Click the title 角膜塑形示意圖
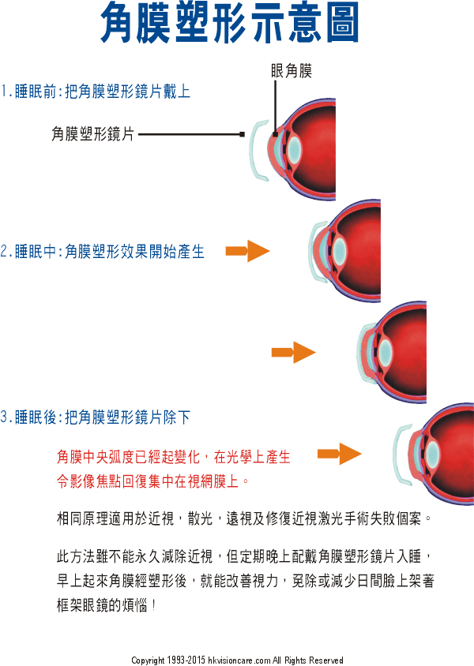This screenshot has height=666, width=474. (x=230, y=23)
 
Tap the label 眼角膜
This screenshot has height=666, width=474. (x=292, y=71)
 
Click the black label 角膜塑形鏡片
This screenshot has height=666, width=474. (x=92, y=134)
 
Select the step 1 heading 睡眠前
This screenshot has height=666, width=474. (x=36, y=92)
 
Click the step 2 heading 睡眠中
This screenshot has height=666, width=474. (x=36, y=252)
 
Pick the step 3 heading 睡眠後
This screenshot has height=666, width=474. (x=36, y=417)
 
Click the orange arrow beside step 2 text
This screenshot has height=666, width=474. (x=248, y=251)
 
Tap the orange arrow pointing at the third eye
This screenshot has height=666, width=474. (x=294, y=352)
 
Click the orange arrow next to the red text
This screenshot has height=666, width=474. (x=340, y=454)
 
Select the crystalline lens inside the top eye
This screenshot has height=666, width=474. (x=294, y=149)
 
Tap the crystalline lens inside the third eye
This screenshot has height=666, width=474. (x=386, y=352)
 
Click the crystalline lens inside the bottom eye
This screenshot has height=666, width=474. (x=432, y=454)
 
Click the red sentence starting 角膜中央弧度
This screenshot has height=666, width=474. (x=174, y=457)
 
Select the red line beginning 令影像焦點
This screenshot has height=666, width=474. (x=153, y=481)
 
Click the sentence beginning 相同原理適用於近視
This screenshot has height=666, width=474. (x=244, y=518)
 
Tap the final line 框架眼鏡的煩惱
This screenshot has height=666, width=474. (x=107, y=604)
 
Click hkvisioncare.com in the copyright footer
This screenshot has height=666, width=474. (x=239, y=660)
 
